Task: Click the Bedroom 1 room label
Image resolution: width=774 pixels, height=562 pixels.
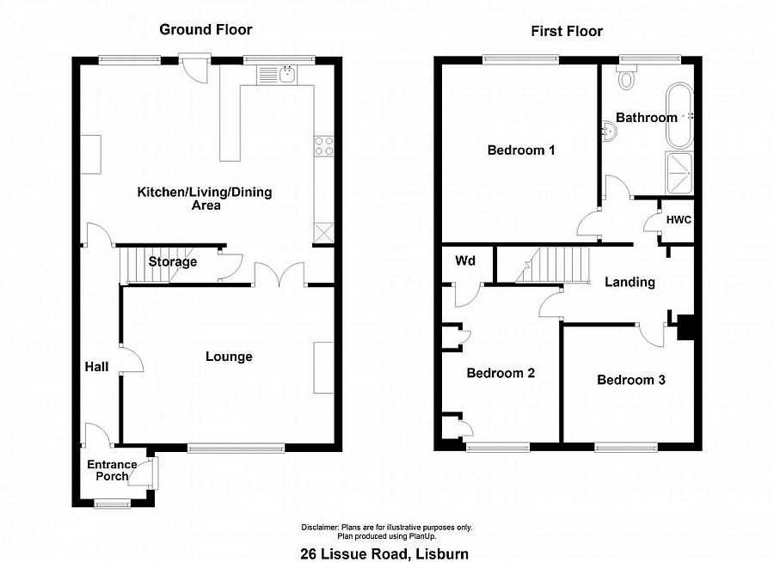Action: point(520,150)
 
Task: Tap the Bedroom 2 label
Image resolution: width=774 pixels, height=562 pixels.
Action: point(501,373)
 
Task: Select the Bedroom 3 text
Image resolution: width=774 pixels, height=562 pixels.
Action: point(631,379)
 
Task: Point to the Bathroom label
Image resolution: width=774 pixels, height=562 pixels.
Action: point(646,118)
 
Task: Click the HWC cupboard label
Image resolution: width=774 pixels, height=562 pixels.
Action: point(679,220)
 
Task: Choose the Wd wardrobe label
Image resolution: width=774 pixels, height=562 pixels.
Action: point(465,260)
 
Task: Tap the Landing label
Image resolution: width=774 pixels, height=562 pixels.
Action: point(630,282)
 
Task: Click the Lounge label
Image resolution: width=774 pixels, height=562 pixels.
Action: point(229,357)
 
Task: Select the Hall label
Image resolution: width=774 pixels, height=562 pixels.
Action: point(96,367)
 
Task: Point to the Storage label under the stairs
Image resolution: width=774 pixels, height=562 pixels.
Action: point(173,262)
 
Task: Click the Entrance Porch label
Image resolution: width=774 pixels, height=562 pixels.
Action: point(111,470)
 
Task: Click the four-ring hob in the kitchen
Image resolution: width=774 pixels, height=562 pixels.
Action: point(324,147)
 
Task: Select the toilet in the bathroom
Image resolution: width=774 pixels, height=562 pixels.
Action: point(626,80)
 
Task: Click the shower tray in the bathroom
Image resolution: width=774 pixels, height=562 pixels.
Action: point(679,171)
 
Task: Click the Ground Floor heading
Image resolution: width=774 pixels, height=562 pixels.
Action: point(206,30)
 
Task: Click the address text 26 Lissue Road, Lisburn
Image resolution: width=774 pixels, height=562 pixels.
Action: point(384,553)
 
